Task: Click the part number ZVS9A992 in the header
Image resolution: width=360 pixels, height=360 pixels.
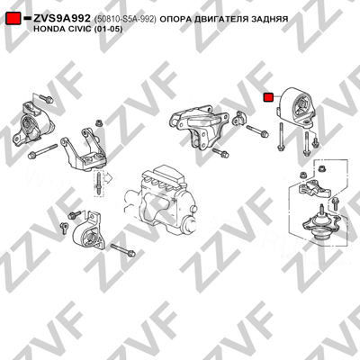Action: (x=61, y=19)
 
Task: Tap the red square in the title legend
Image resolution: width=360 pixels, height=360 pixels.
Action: (x=13, y=19)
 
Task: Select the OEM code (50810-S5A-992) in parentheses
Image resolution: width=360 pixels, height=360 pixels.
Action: (x=125, y=19)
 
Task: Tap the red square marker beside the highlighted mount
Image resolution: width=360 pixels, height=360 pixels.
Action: (x=268, y=97)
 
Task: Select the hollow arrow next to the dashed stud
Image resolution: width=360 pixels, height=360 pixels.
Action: (x=107, y=178)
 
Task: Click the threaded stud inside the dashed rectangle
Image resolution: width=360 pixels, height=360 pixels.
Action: (x=99, y=184)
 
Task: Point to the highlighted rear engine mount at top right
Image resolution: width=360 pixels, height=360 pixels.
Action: (x=296, y=105)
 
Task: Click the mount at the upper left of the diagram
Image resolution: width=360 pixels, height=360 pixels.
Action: (x=31, y=126)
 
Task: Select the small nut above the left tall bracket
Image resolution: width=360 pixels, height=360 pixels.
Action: (x=98, y=123)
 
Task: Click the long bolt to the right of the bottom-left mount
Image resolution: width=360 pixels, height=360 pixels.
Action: (x=123, y=250)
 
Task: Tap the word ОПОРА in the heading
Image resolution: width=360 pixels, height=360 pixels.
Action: (x=174, y=19)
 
